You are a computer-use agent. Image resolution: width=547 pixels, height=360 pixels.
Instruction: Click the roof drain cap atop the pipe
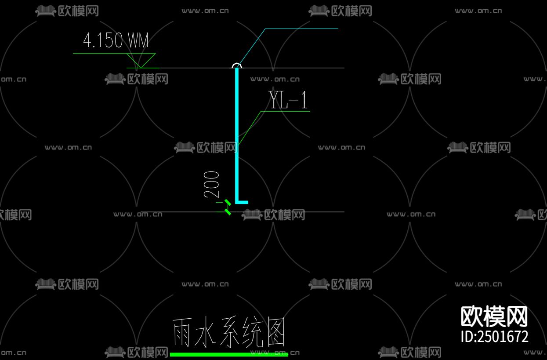click(x=237, y=65)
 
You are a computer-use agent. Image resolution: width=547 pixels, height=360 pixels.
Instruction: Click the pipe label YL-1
click(x=288, y=100)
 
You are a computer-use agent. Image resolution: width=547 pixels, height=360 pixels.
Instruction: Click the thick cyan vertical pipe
click(x=237, y=132)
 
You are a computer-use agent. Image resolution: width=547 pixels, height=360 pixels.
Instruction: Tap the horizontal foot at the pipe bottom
click(x=242, y=202)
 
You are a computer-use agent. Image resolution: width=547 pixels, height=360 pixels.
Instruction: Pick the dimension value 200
click(x=212, y=184)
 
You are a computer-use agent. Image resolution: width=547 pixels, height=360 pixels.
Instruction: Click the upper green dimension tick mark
click(x=228, y=203)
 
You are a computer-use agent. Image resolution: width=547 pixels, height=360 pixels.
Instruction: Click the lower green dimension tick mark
click(x=228, y=211)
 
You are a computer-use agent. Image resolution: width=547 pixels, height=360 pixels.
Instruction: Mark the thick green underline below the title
click(x=228, y=354)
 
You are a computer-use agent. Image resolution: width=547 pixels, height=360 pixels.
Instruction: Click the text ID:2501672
click(x=494, y=337)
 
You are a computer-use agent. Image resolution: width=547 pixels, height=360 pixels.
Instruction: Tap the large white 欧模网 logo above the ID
click(x=494, y=316)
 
